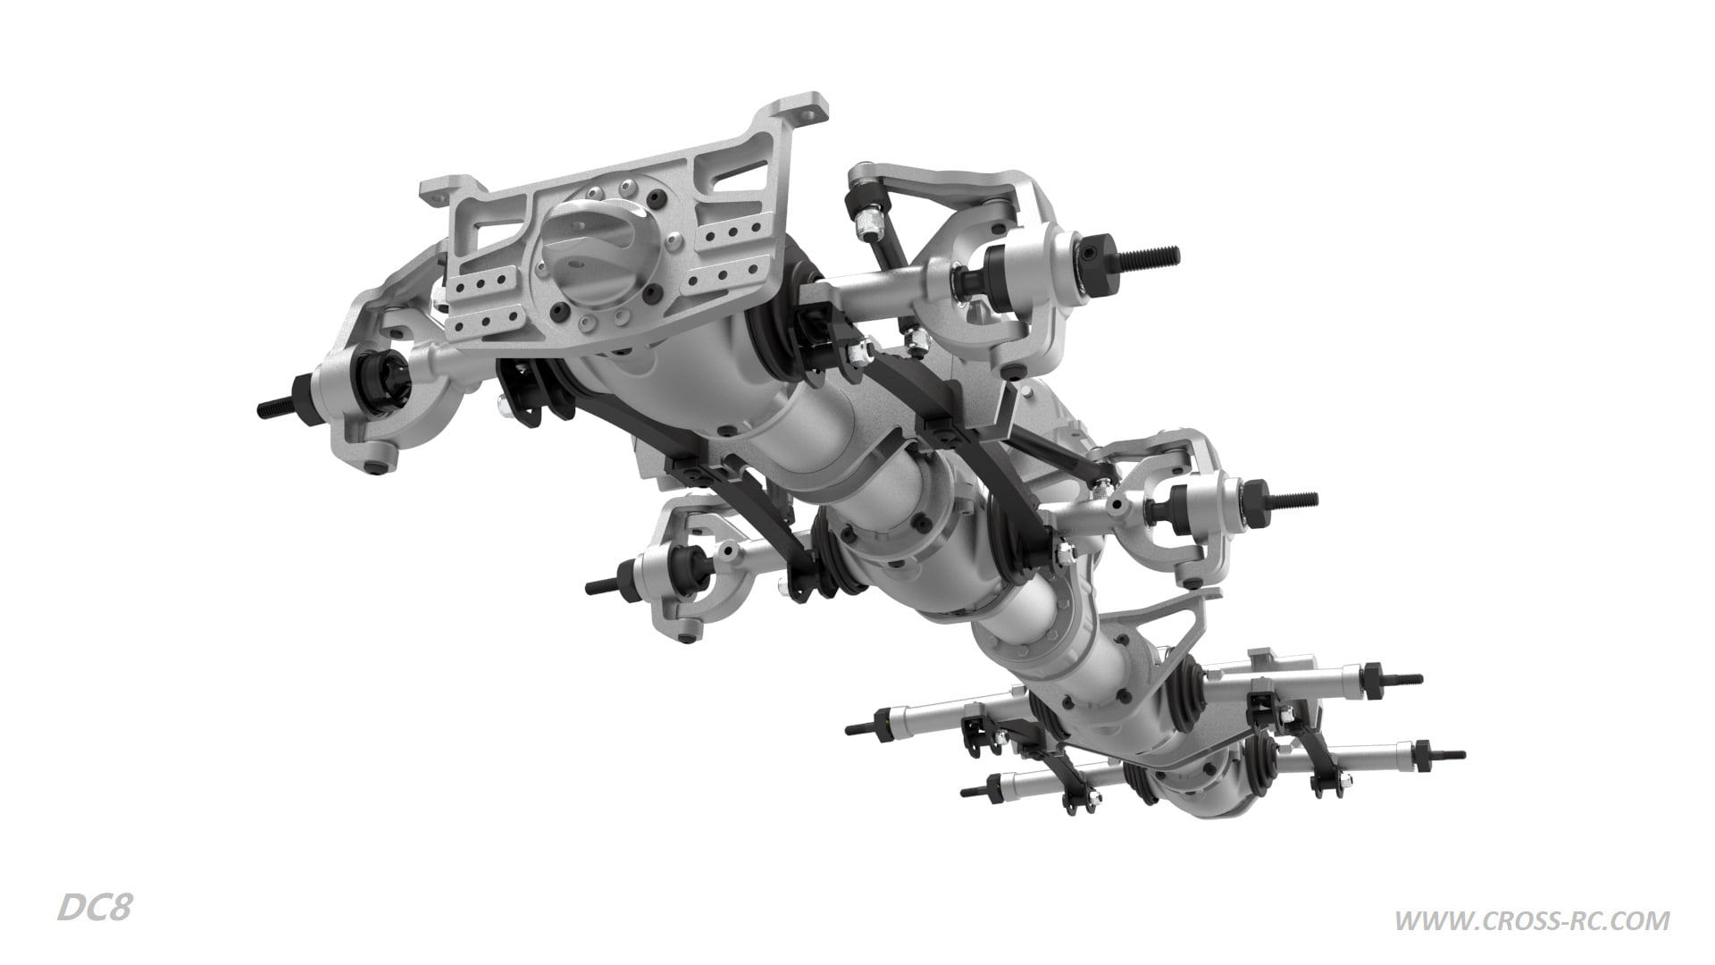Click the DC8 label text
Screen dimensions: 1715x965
(95, 909)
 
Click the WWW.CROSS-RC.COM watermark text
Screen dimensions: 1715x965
(1532, 920)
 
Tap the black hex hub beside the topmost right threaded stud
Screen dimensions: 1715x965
(1100, 256)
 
